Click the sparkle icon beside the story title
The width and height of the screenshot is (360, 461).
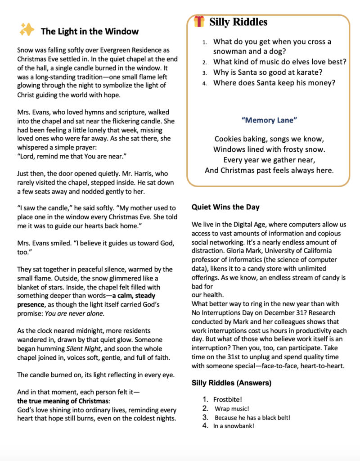click(27, 30)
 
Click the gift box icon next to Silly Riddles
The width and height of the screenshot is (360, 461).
click(199, 21)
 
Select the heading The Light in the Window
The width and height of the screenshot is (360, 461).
click(90, 31)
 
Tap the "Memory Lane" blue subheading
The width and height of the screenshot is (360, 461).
click(269, 120)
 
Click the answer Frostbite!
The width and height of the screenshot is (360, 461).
click(228, 399)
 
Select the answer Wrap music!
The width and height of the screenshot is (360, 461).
click(232, 408)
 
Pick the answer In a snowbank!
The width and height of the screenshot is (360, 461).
click(234, 426)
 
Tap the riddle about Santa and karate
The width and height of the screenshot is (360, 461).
click(268, 72)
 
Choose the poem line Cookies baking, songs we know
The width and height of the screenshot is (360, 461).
click(269, 139)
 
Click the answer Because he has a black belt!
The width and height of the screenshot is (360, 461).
click(252, 417)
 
